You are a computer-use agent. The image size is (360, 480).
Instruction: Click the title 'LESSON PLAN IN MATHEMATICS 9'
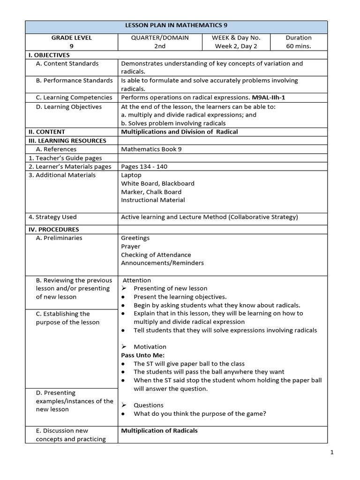tap(176, 26)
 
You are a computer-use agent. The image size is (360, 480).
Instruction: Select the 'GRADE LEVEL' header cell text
tap(71, 37)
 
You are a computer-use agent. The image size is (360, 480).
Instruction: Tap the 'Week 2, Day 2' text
tap(236, 46)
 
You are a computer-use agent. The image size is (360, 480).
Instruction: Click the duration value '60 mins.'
tap(299, 46)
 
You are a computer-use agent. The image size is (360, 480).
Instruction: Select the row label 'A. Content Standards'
tap(67, 63)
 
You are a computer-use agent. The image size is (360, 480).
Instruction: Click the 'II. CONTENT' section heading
tap(46, 132)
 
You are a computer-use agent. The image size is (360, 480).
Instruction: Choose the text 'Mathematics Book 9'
tap(151, 149)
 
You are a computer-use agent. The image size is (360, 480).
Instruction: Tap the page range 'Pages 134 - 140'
tap(144, 166)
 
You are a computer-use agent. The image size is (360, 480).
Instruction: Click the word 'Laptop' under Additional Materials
tap(131, 175)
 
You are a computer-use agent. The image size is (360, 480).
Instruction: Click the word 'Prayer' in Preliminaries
tap(130, 246)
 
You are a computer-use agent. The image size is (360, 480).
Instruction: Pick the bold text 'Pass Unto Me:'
tap(140, 355)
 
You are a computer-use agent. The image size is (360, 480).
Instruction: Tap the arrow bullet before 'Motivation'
tap(124, 347)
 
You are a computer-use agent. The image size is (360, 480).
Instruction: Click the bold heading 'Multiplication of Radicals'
tap(159, 430)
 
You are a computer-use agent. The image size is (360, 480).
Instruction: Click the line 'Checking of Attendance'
tap(156, 255)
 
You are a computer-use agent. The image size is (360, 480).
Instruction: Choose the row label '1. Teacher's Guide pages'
tap(65, 158)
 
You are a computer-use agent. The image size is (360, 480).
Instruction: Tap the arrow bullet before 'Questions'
tap(124, 405)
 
